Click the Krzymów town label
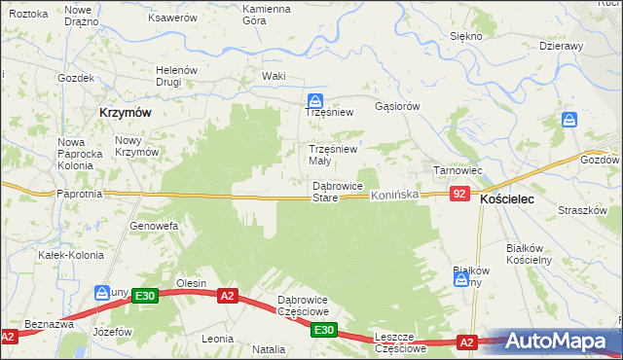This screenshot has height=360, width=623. pos(125,112)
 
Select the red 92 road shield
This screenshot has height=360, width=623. pos(461,196)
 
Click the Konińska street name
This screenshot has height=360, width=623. pos(394,196)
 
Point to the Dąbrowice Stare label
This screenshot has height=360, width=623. pos(338,192)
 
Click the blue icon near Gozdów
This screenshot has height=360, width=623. pos(570,121)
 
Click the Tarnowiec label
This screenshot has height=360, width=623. pos(458,170)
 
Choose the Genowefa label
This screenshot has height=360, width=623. pos(153,226)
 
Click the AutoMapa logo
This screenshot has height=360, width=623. pos(563,342)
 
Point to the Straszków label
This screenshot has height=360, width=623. pos(583,211)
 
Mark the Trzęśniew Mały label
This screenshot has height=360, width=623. pos(333,155)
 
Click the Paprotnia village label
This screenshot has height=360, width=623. pos(81,194)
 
